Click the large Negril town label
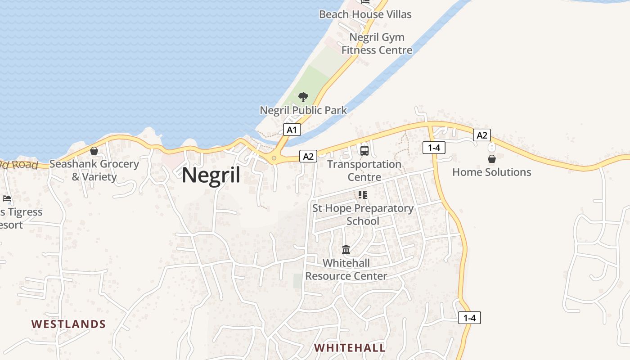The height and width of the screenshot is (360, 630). [211, 175]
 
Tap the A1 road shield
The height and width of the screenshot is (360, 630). [292, 130]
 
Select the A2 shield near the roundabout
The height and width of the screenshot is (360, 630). [308, 157]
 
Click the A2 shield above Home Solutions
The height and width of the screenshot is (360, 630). [482, 135]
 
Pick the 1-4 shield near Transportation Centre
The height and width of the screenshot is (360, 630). [434, 148]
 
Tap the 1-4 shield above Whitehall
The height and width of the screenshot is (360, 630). [469, 318]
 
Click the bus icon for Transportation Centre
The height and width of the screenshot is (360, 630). [364, 150]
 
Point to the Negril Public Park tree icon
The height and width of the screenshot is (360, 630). [303, 97]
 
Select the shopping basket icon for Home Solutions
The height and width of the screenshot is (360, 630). [492, 159]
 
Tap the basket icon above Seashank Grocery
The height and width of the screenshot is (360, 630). [94, 151]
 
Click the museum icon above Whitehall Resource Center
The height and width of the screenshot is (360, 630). [346, 249]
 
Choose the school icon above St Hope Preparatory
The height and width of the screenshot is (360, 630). [363, 195]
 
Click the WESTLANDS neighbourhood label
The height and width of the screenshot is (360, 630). [68, 324]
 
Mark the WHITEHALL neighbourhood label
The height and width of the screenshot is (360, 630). [350, 348]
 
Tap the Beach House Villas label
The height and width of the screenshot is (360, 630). [365, 14]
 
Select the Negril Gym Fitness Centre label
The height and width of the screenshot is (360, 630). [377, 44]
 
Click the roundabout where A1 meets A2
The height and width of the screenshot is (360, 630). [274, 158]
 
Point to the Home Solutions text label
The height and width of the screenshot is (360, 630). [491, 172]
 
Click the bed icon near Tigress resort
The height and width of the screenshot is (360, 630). [7, 198]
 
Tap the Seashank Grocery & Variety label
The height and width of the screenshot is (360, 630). [94, 170]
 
